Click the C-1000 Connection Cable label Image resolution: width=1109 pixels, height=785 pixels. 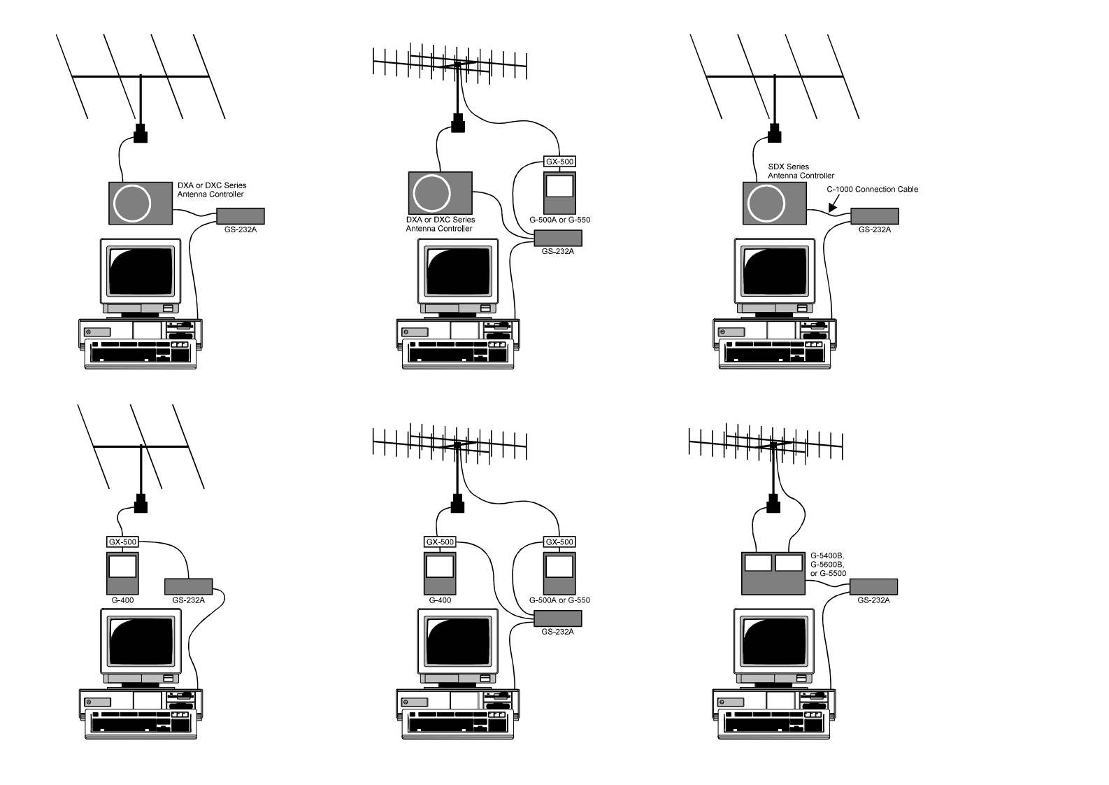coord(872,189)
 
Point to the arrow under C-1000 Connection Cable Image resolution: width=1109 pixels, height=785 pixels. coord(833,205)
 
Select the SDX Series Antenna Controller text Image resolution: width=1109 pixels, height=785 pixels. coord(801,171)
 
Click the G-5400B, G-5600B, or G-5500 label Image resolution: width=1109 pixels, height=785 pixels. coord(828,564)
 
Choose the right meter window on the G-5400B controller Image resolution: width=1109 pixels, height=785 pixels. coord(789,563)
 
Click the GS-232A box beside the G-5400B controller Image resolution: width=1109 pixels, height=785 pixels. coord(874,586)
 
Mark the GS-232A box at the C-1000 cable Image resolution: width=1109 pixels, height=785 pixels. coord(874,215)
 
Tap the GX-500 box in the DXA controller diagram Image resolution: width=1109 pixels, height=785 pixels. coord(559,162)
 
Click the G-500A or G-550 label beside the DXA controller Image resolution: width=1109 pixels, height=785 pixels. coord(559,220)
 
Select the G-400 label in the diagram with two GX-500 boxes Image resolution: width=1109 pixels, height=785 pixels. coord(440,600)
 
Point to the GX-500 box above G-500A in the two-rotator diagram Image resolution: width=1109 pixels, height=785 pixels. coord(559,542)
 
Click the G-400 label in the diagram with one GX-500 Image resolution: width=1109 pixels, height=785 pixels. coord(122,600)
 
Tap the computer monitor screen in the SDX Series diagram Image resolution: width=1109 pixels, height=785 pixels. coord(774,271)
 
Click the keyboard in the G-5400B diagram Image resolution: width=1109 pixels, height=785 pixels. coord(773,723)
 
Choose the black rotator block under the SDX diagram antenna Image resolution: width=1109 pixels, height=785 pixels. coord(774,133)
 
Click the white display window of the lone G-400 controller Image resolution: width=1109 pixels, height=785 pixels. coord(122,566)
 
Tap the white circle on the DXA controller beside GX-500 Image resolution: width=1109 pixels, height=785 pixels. coord(432,192)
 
